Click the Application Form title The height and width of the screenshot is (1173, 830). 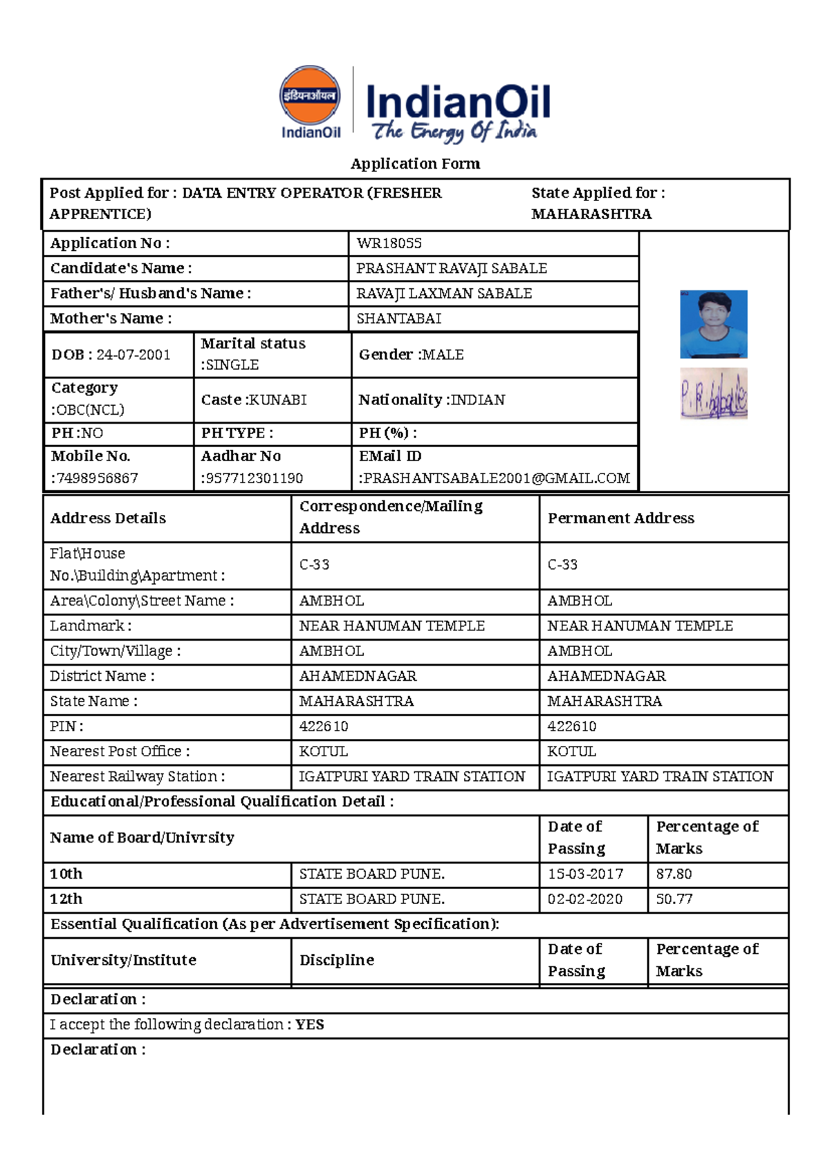click(415, 164)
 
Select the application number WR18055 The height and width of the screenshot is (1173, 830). click(389, 243)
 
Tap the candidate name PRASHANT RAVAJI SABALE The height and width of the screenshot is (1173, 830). click(451, 268)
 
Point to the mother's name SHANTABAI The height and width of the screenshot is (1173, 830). click(398, 319)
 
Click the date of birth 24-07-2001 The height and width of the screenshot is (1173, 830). click(133, 355)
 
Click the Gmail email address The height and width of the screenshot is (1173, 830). click(495, 478)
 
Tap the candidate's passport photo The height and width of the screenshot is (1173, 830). click(713, 324)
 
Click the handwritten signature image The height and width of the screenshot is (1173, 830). click(713, 394)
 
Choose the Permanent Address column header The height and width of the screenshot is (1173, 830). click(620, 518)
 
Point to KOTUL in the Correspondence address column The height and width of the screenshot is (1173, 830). click(323, 751)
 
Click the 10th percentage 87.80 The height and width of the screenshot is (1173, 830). click(674, 874)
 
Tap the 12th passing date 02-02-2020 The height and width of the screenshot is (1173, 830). click(584, 899)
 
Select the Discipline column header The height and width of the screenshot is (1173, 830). click(337, 960)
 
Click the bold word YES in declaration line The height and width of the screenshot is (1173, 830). click(310, 1024)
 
